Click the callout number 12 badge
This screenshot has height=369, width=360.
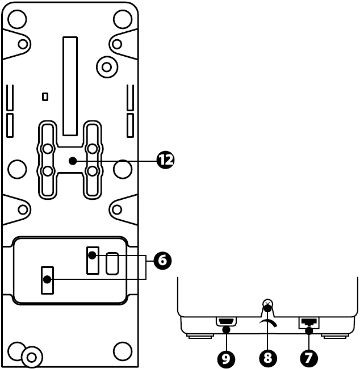tap(165, 161)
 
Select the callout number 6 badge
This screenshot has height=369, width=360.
tap(162, 261)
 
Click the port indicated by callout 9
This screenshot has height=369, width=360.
tap(226, 322)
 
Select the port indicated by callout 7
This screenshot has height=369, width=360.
tap(309, 322)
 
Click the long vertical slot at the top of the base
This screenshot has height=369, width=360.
tap(70, 85)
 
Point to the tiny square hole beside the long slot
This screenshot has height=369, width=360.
tap(45, 97)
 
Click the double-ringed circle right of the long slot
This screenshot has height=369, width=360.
tap(107, 66)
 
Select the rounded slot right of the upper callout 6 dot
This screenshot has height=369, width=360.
tap(112, 263)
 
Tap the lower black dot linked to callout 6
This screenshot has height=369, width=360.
tap(47, 279)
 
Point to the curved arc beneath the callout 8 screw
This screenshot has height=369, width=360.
tap(268, 322)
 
